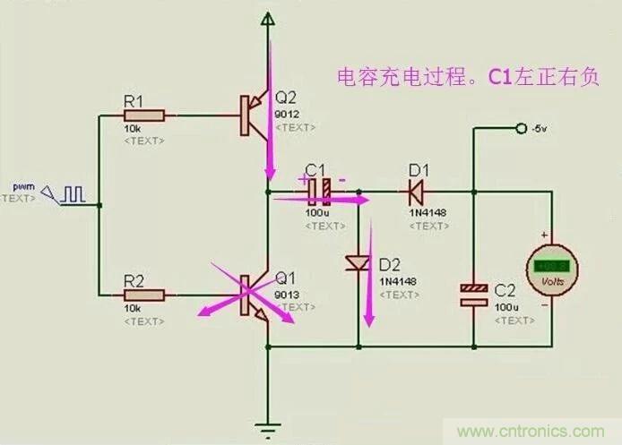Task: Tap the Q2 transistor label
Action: (x=286, y=97)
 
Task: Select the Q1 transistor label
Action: (x=286, y=277)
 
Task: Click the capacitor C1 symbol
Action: (x=320, y=190)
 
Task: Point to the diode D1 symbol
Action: (x=414, y=190)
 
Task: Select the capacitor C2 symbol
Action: (x=473, y=295)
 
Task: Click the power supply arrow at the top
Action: (x=267, y=19)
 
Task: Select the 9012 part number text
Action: (x=287, y=115)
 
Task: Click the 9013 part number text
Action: (x=287, y=294)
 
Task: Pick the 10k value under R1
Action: (x=133, y=129)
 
